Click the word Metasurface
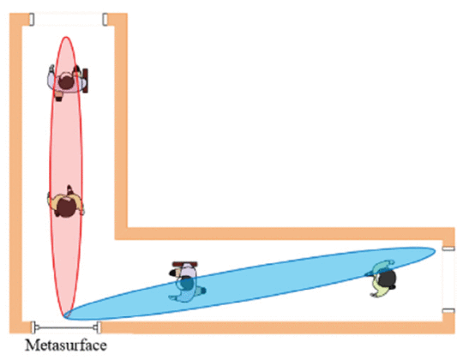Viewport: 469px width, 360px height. point(66,345)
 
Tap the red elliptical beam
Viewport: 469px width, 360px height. point(66,177)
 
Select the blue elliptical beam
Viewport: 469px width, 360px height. point(250,284)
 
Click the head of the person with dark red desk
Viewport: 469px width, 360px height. point(66,82)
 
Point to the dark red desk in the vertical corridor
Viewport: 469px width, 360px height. point(85,81)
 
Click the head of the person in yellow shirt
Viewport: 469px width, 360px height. point(66,207)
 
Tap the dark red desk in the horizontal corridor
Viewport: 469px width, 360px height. point(185,264)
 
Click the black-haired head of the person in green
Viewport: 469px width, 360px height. point(388,278)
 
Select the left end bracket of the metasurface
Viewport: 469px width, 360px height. point(33,327)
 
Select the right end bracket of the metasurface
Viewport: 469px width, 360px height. point(99,327)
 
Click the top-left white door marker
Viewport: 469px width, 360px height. point(32,19)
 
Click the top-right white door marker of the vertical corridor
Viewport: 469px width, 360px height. point(105,19)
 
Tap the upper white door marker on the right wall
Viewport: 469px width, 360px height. point(448,249)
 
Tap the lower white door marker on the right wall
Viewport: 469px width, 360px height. point(448,311)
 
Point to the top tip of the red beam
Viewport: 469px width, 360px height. point(66,37)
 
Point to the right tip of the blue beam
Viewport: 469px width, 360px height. point(436,250)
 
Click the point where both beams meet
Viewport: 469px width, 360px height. point(64,317)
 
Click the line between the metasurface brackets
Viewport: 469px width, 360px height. point(66,327)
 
